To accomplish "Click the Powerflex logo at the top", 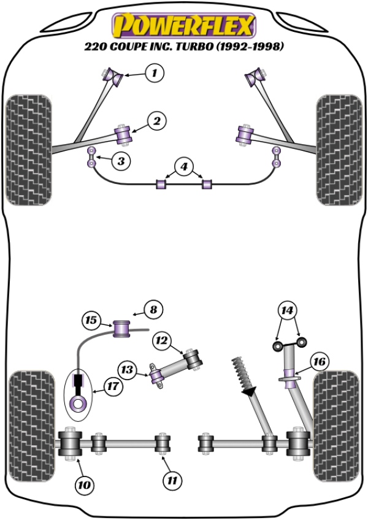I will coord(183,25).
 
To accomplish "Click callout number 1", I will coord(156,74).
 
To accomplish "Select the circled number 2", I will coord(157,121).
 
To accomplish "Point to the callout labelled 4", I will coord(182,166).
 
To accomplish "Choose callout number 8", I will coord(153,310).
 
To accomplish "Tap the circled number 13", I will coord(127,370).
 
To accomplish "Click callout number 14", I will coord(287,310).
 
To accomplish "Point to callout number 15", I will coord(91,319).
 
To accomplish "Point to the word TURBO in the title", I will coord(187,47).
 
